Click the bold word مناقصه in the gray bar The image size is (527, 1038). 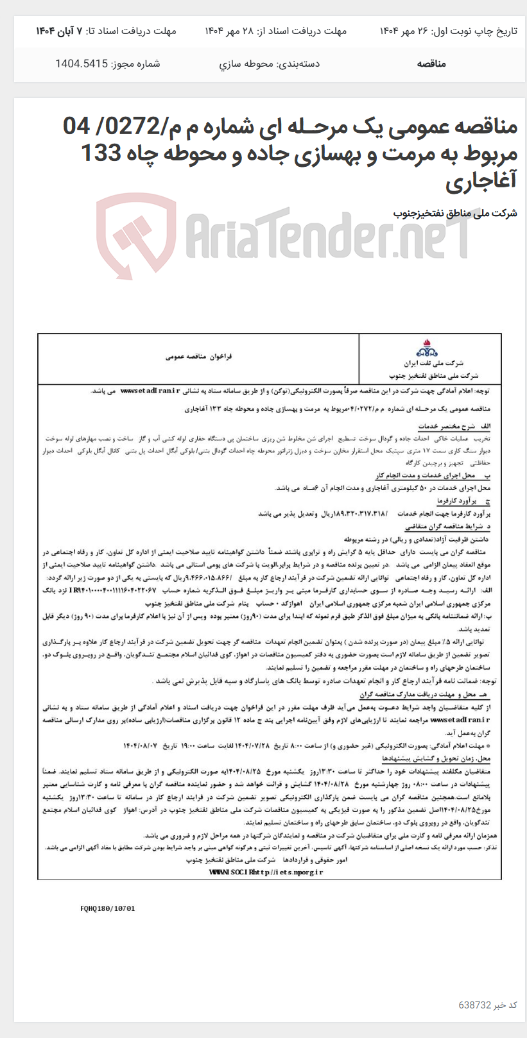click(431, 64)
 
